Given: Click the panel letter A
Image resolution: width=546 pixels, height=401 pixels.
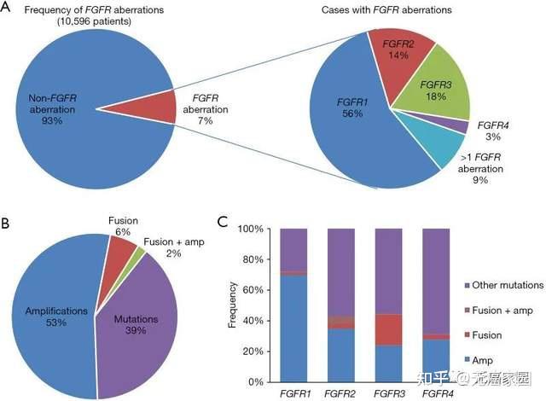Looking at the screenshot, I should pyautogui.click(x=8, y=11).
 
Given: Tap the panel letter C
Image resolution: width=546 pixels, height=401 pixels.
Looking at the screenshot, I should pyautogui.click(x=224, y=223).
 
